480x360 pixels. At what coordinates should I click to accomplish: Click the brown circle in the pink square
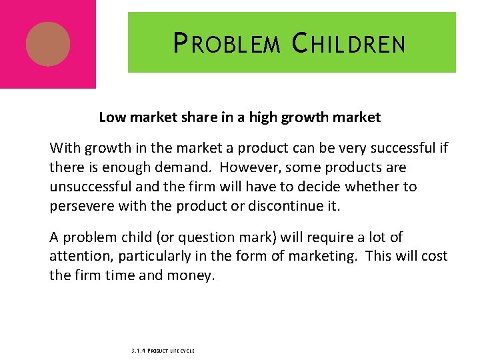[48, 44]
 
